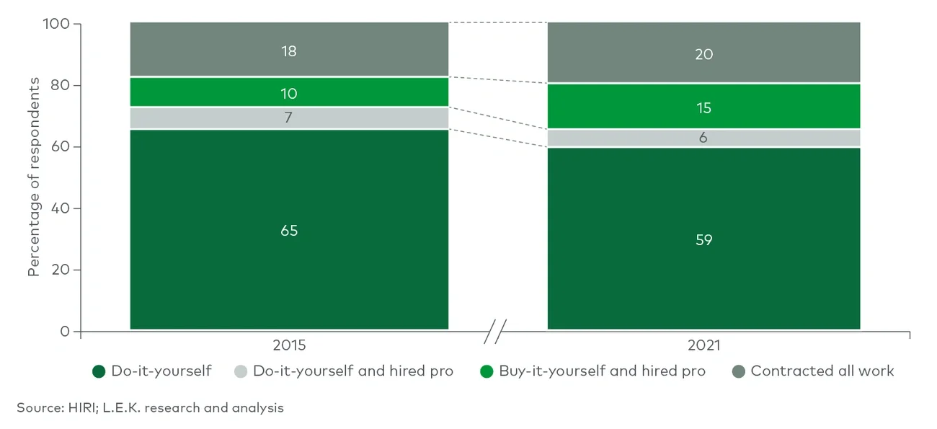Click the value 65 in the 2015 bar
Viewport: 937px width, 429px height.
[289, 231]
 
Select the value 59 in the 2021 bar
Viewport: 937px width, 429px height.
[703, 239]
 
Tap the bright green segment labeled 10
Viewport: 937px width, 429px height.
[289, 93]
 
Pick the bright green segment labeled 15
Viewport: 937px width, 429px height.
[703, 107]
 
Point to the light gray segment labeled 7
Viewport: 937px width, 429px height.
[289, 118]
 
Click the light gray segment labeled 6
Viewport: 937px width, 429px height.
[703, 138]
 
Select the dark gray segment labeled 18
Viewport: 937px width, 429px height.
[289, 51]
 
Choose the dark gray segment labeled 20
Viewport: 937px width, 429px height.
[703, 54]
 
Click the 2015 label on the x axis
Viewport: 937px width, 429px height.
[289, 345]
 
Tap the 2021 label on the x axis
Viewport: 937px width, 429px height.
[703, 345]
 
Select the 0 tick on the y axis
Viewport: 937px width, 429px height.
[65, 332]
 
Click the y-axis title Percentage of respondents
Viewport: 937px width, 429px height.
[34, 178]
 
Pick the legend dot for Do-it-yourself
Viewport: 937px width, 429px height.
[99, 371]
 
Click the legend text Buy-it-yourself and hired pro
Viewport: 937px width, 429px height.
[602, 371]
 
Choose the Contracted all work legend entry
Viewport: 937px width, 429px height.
[822, 371]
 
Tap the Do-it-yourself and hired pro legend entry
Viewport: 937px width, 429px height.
[352, 371]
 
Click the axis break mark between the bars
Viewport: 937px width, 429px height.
[495, 332]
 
